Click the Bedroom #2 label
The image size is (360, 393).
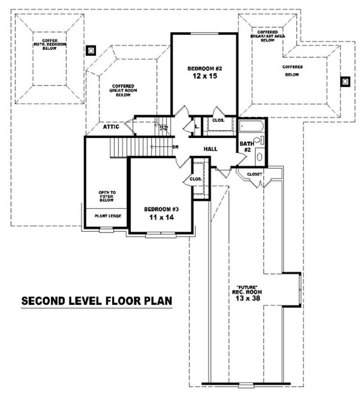tap(205, 68)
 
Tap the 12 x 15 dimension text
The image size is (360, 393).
tap(205, 76)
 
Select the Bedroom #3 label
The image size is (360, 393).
tap(162, 209)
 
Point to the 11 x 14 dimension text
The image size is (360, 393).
tap(162, 217)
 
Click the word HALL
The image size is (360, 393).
tap(211, 149)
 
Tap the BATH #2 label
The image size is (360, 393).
tap(246, 147)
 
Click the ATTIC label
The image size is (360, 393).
tap(111, 127)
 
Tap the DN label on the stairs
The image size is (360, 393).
tap(176, 147)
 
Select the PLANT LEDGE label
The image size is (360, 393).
tap(108, 216)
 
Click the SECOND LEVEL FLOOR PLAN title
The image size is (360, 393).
tap(97, 301)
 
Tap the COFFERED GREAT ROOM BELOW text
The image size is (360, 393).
tap(123, 90)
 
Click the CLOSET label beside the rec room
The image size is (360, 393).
tap(254, 174)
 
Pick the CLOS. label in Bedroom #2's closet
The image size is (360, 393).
tap(218, 120)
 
